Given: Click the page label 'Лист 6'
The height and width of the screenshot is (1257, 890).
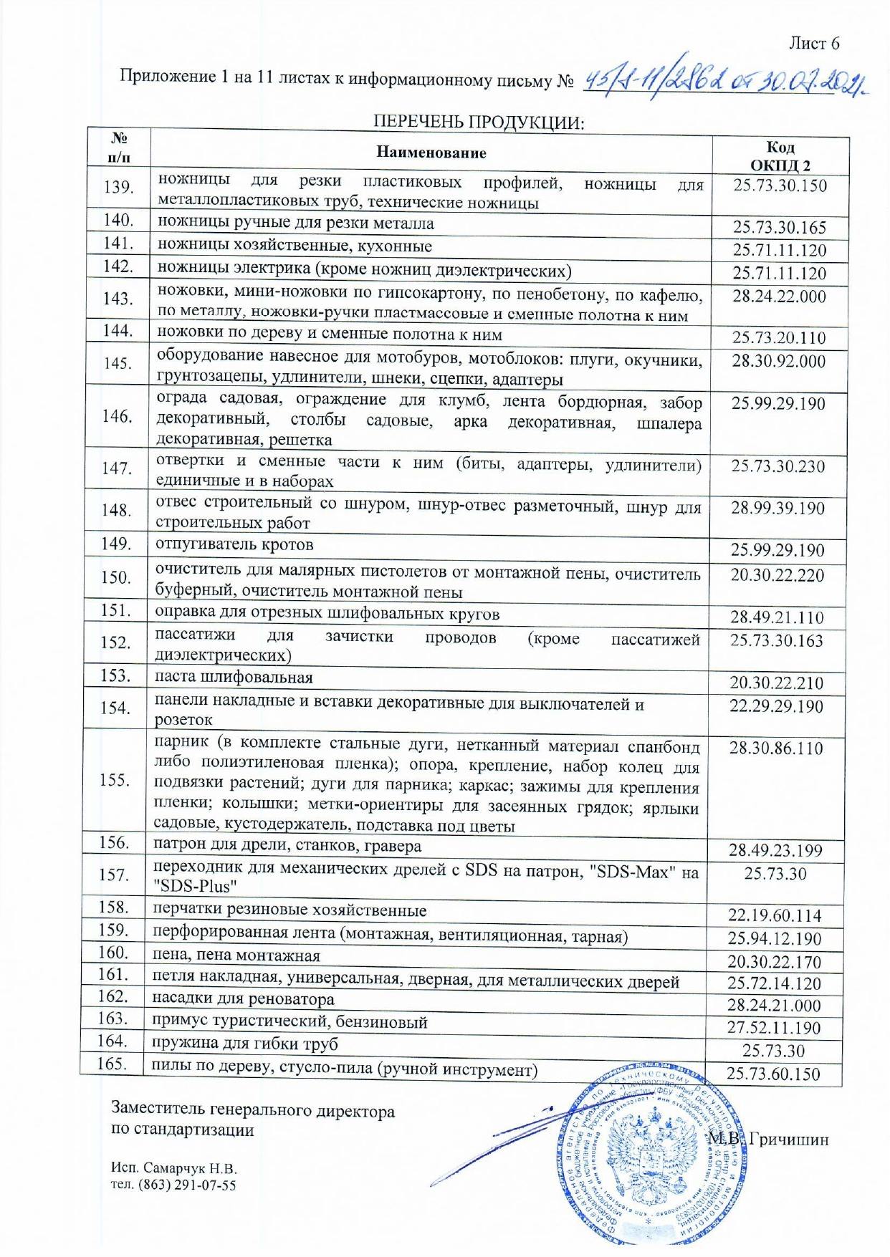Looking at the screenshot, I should (813, 44).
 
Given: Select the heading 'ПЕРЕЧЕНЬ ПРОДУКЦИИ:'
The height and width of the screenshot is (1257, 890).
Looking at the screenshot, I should (479, 122).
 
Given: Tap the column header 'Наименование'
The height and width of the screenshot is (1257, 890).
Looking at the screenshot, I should (431, 153).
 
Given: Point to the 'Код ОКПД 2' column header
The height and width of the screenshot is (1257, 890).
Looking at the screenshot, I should (780, 156).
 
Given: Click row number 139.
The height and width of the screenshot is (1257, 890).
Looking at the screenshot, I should (118, 188).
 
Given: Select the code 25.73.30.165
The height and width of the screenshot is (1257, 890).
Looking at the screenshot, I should (779, 228).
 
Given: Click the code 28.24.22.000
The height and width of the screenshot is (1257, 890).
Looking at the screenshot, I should (778, 297).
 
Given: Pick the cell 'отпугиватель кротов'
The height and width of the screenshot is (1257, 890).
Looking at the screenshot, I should (234, 544).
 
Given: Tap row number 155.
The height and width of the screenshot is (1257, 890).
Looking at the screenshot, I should (115, 780).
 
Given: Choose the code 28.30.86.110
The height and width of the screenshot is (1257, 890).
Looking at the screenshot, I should (775, 748).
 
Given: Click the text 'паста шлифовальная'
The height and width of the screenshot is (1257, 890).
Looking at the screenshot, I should (234, 678).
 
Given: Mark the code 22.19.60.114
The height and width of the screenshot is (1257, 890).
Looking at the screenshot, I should (774, 915).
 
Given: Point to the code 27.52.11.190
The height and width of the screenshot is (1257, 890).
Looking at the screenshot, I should (774, 1028).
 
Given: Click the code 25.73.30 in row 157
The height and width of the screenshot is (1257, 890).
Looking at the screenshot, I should (775, 874).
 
